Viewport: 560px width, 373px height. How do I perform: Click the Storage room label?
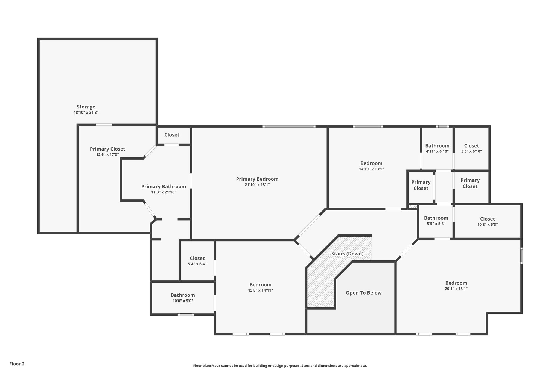coord(86,107)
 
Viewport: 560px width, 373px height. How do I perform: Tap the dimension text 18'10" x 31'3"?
coord(86,113)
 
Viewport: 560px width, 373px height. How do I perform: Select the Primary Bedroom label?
coord(257,179)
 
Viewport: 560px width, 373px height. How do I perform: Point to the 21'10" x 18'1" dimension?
coord(257,185)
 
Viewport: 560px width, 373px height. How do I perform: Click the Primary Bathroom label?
coord(164,186)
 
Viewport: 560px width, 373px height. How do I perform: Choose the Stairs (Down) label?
coord(347,254)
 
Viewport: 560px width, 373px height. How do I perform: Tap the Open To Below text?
coord(363,293)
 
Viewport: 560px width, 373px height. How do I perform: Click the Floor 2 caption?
coord(17,364)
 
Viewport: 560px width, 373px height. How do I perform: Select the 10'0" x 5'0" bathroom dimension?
coord(183,301)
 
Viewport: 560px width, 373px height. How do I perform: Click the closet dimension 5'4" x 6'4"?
coord(197,264)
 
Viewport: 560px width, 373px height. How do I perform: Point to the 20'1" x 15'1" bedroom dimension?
coord(456,289)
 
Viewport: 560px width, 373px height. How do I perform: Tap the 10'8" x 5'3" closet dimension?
coord(487,225)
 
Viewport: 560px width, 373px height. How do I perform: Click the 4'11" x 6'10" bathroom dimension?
coord(437,151)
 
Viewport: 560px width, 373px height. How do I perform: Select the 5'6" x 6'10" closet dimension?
coord(471,151)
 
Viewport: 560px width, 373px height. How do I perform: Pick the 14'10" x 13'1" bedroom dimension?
coord(371,169)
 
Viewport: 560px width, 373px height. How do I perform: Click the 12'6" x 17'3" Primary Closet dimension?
coord(107,155)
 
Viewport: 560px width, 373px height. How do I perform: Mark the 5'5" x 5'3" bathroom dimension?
coord(436,224)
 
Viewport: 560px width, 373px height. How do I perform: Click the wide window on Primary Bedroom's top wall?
coord(289,127)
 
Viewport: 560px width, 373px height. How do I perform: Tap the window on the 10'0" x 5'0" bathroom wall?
coord(186,315)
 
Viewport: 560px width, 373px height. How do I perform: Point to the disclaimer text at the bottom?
coord(280,366)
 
